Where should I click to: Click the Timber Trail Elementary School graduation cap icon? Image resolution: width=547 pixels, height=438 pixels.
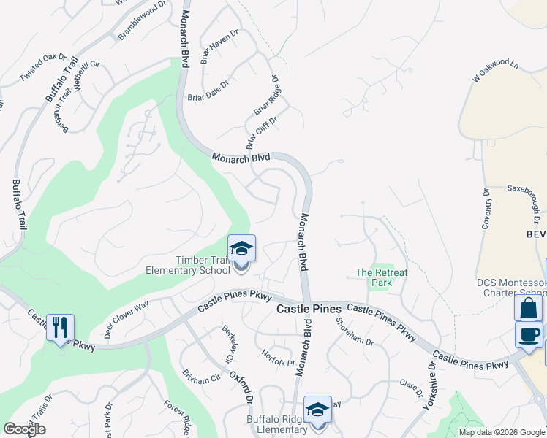click(x=241, y=250)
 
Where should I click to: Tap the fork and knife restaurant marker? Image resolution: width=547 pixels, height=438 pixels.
click(x=59, y=326)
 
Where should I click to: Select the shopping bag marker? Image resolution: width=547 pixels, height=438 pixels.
click(x=528, y=308)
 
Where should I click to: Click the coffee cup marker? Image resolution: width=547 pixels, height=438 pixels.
click(x=528, y=334)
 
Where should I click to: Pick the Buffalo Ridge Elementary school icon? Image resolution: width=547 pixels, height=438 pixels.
click(x=317, y=411)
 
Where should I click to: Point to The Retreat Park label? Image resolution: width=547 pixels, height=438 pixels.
click(x=381, y=277)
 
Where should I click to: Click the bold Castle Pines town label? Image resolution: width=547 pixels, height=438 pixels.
click(x=309, y=310)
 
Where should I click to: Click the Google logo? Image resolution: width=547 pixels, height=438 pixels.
click(x=23, y=429)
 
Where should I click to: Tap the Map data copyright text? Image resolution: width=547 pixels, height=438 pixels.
click(x=502, y=432)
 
